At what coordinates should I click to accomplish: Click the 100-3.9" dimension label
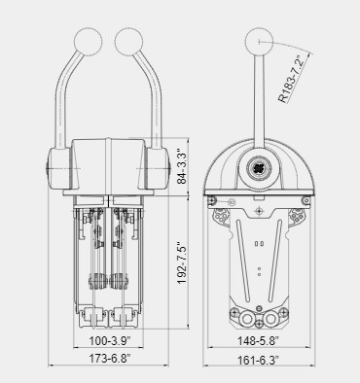[x=110, y=340]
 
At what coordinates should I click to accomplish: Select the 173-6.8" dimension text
[x=110, y=359]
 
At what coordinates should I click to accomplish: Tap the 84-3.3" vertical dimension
[x=182, y=166]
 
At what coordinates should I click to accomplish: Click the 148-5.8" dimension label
[x=258, y=340]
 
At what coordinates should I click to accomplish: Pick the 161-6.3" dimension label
[x=258, y=360]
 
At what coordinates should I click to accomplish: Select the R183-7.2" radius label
[x=292, y=79]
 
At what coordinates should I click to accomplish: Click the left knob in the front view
[x=89, y=42]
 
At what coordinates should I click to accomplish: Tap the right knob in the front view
[x=128, y=42]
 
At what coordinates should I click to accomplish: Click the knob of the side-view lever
[x=259, y=42]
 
